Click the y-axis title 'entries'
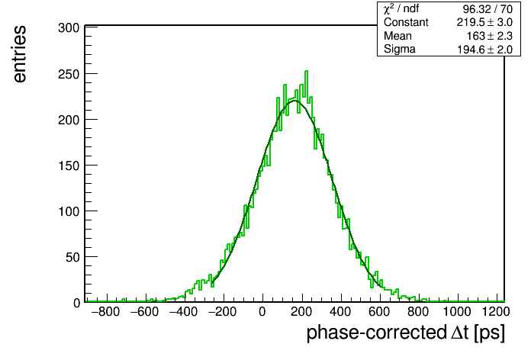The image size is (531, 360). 20,54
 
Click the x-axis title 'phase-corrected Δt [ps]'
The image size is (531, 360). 405,333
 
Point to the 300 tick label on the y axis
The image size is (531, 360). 69,27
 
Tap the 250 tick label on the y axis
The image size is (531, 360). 69,74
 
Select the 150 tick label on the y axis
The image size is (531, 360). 69,166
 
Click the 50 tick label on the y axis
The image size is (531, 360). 72,257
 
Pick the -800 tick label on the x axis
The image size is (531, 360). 105,312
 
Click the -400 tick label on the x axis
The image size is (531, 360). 183,312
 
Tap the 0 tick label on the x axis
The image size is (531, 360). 262,312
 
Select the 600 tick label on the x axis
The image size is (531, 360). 379,312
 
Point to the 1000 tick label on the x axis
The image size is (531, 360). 457,312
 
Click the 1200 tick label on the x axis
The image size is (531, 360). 496,312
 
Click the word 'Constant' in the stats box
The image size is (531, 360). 406,22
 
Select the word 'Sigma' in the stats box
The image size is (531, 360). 400,49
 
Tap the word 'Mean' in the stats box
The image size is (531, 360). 397,36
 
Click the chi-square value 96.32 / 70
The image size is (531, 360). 488,9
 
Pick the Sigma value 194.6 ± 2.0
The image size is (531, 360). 485,50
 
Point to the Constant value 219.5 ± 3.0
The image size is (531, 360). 484,22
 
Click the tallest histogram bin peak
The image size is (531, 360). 307,71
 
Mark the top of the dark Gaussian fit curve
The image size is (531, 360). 294,101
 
